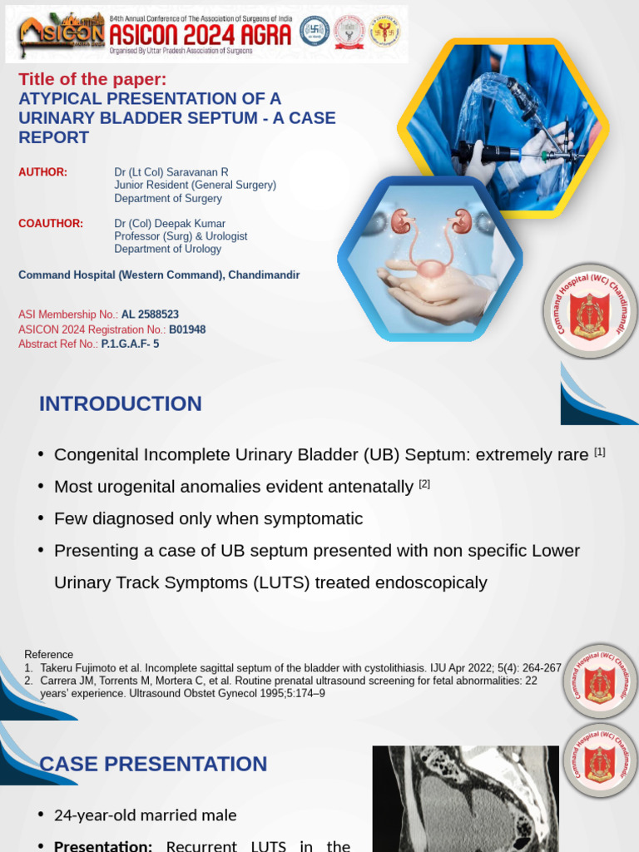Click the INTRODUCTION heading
pyautogui.click(x=120, y=404)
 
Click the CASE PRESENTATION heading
pyautogui.click(x=153, y=765)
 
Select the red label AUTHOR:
pyautogui.click(x=42, y=172)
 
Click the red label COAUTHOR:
pyautogui.click(x=51, y=224)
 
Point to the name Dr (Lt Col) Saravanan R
pyautogui.click(x=171, y=172)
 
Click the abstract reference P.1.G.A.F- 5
pyautogui.click(x=130, y=344)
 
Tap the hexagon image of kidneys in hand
pyautogui.click(x=429, y=258)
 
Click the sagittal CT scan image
pyautogui.click(x=465, y=798)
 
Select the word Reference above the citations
pyautogui.click(x=48, y=655)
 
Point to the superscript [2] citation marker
pyautogui.click(x=424, y=483)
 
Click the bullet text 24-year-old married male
pyautogui.click(x=146, y=815)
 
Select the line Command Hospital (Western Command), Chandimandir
pyautogui.click(x=159, y=275)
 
